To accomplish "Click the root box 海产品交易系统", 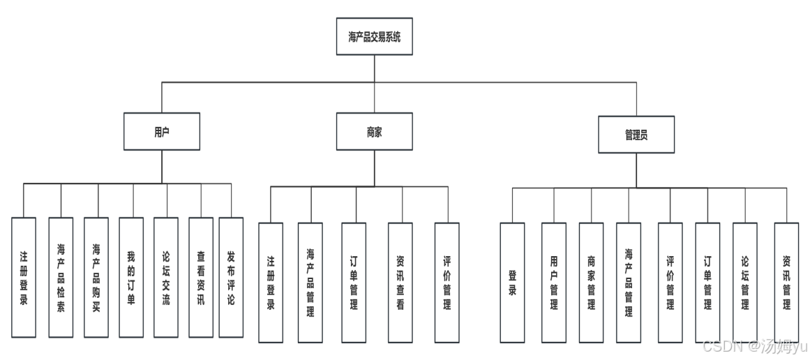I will (374, 36).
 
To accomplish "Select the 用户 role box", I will (162, 131).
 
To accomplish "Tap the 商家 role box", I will (374, 131).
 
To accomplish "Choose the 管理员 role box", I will (636, 135).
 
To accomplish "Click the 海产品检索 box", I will (61, 277).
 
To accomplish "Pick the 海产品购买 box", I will (96, 277).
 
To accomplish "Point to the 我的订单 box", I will (131, 277).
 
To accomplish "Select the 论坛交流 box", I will (166, 277).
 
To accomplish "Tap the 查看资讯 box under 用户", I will (201, 277).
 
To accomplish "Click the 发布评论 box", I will (231, 277).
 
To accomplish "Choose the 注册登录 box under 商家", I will (271, 283).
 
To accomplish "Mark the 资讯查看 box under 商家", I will (400, 283).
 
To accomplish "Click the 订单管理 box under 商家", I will (354, 283).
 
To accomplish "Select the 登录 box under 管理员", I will (512, 283).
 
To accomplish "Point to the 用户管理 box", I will (554, 283).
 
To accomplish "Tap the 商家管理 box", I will (591, 283).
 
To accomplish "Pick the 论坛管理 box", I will (744, 283).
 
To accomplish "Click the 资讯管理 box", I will (786, 283).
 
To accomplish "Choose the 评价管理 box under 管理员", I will (670, 283).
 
